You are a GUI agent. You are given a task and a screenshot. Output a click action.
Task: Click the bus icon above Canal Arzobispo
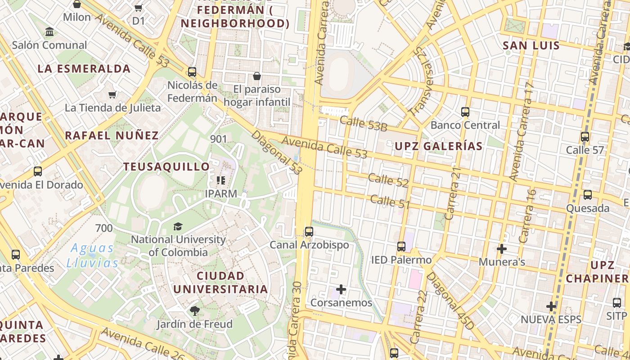coord(309,232)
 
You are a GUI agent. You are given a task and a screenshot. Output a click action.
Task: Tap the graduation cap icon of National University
coord(178,226)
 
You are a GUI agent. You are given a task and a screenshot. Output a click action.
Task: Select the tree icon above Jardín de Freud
coord(194,310)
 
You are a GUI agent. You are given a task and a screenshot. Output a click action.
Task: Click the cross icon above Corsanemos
coord(341,289)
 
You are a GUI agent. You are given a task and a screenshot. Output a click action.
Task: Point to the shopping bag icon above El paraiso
coord(256,76)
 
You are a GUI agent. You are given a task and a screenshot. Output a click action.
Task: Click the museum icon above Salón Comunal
coord(49,32)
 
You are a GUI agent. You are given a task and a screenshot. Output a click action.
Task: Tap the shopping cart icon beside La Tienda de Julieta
coord(112,94)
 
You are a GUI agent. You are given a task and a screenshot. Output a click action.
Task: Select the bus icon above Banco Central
coord(465,112)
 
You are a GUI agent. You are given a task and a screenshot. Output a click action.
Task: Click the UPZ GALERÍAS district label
coord(438,146)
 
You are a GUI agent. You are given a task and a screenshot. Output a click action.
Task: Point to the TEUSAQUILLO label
coord(166,167)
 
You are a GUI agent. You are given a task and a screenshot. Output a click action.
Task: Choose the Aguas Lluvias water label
coord(92,255)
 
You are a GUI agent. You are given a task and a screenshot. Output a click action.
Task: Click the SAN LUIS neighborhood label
coord(531,45)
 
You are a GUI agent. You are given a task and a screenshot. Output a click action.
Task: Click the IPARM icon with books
coord(220,180)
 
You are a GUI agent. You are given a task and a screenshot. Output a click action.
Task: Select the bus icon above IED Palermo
coord(401,247)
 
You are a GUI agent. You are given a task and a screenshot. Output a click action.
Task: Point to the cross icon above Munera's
coord(501,248)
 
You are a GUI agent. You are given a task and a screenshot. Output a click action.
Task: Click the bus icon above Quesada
coord(587,195)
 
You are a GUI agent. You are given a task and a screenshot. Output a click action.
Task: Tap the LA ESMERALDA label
coord(84,69)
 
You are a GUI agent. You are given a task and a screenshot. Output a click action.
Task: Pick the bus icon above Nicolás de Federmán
coord(192,72)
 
